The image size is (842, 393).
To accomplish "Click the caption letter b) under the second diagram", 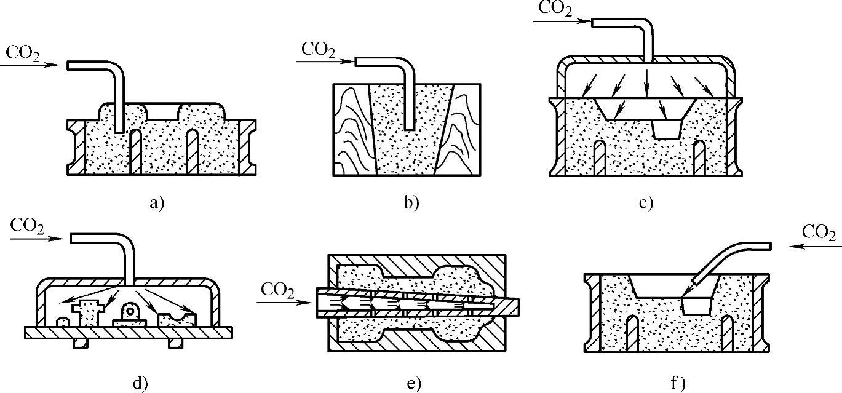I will click(411, 203).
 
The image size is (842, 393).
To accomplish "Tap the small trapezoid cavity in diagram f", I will click(696, 306).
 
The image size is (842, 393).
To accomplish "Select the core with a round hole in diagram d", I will click(130, 314).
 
